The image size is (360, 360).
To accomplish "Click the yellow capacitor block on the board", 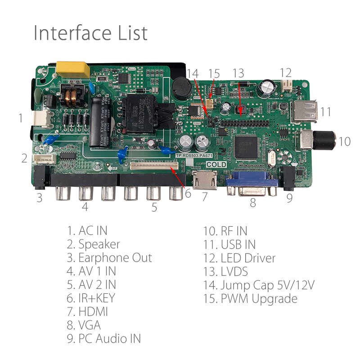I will (72, 69).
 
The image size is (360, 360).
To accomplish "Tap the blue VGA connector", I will (252, 182).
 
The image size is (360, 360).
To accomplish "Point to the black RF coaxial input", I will (324, 140).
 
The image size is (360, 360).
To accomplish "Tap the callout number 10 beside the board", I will (344, 141).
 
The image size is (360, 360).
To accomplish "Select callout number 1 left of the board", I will (20, 118).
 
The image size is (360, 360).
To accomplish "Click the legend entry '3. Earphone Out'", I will (110, 258).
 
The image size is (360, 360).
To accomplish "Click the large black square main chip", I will (246, 147).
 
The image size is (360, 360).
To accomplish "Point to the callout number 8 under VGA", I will (252, 203).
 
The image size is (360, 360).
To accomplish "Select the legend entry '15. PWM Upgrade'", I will (250, 298).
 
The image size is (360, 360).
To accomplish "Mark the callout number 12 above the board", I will (285, 72).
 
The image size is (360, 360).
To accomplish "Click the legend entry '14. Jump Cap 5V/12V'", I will (259, 285).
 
